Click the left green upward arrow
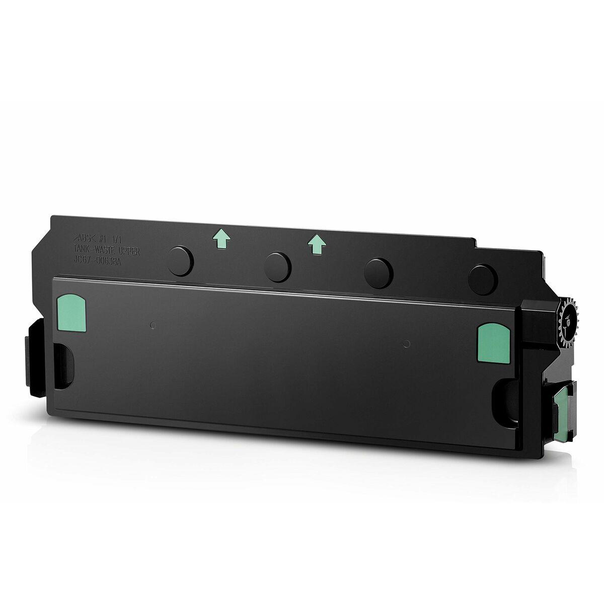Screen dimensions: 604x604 pyautogui.click(x=218, y=241)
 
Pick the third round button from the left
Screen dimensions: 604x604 pyautogui.click(x=380, y=272)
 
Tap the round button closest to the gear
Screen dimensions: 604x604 pyautogui.click(x=482, y=277)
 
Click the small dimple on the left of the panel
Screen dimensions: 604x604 pyautogui.click(x=154, y=325)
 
